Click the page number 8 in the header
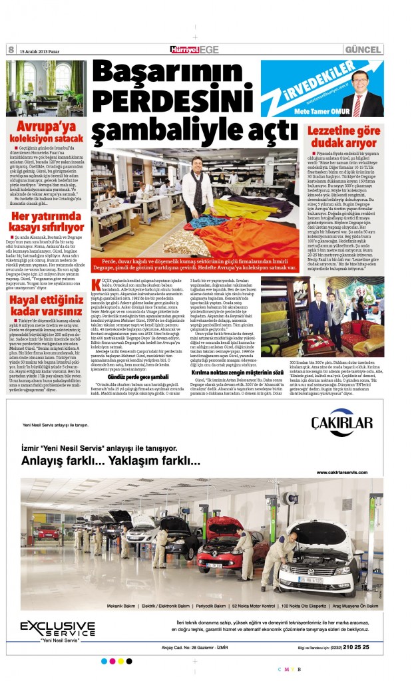tap(11, 50)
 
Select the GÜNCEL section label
tap(363, 50)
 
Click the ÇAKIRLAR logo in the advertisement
tap(341, 424)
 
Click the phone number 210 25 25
tap(352, 646)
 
